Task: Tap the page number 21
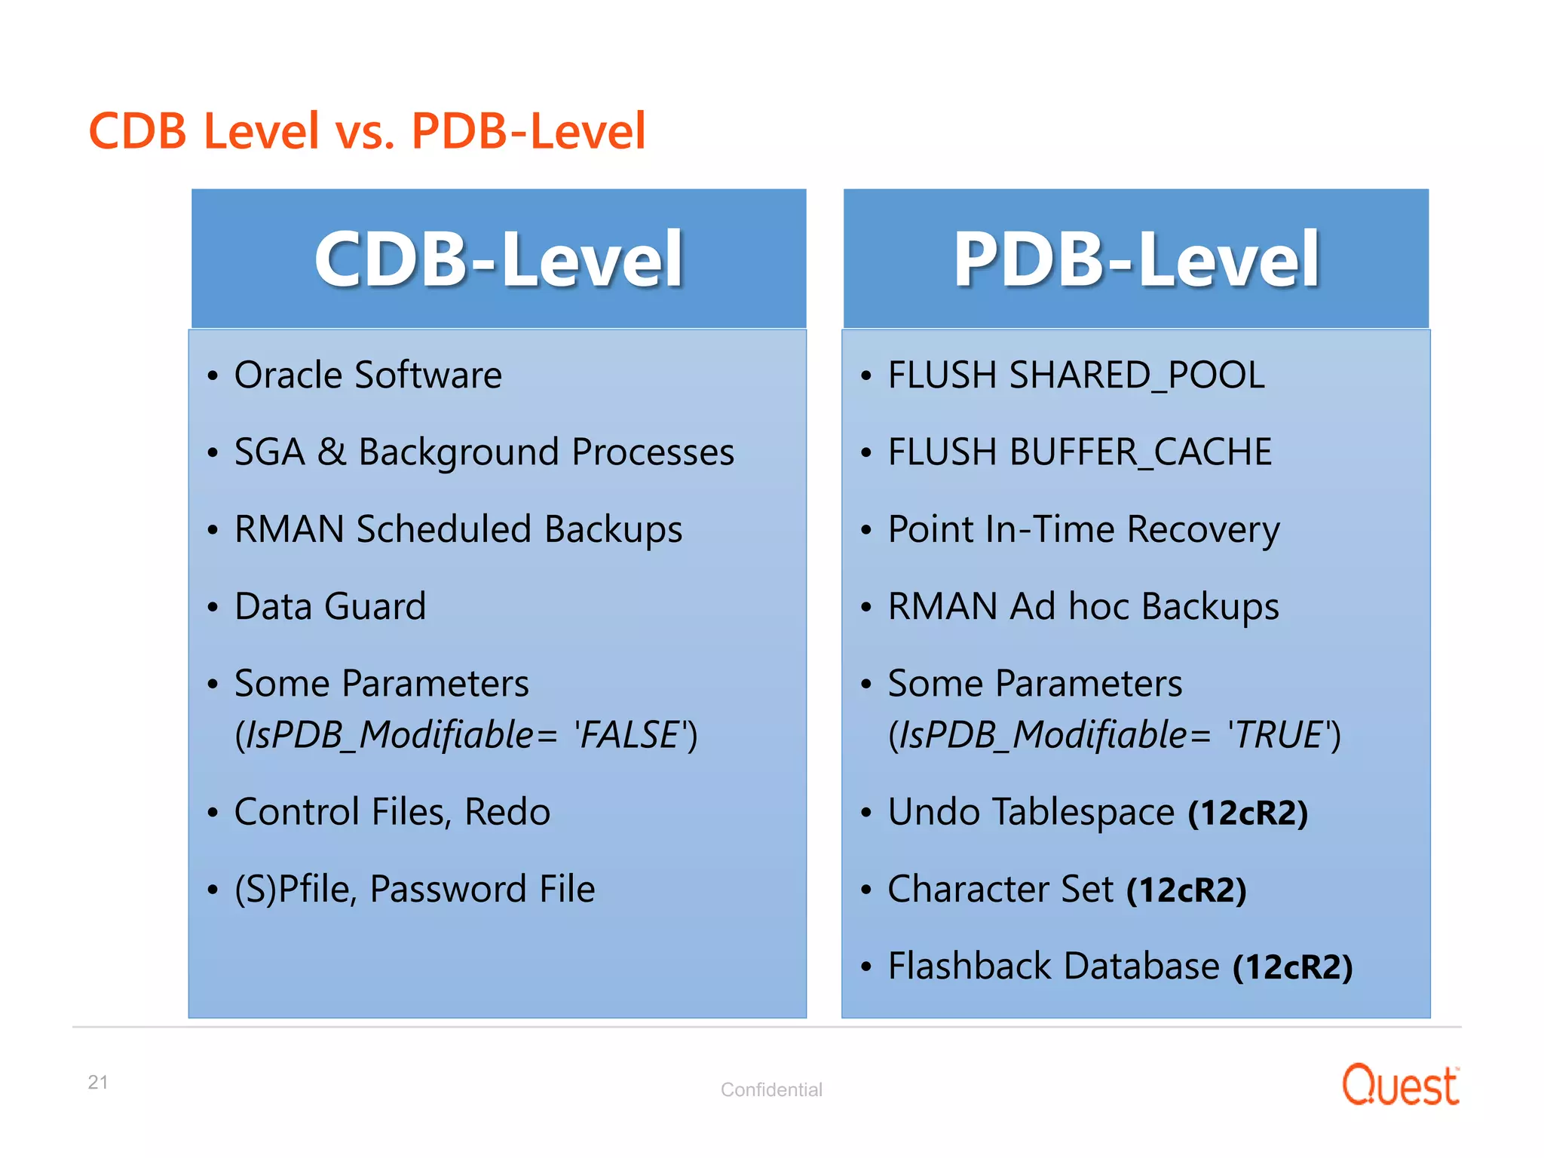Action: click(98, 1083)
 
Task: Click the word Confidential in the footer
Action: click(771, 1090)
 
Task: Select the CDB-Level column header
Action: click(498, 259)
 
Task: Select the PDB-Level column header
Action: click(1136, 259)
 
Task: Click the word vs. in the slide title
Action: click(365, 131)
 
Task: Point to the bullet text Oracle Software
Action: click(368, 375)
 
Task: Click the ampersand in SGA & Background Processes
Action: click(332, 452)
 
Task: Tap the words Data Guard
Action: click(330, 607)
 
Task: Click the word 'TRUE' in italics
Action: click(1276, 735)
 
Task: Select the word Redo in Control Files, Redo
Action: click(507, 813)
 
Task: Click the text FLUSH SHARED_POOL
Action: click(1076, 375)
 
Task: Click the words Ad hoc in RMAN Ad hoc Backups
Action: click(1069, 607)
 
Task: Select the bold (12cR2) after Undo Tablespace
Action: click(1248, 813)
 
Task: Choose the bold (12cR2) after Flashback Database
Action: click(1293, 967)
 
